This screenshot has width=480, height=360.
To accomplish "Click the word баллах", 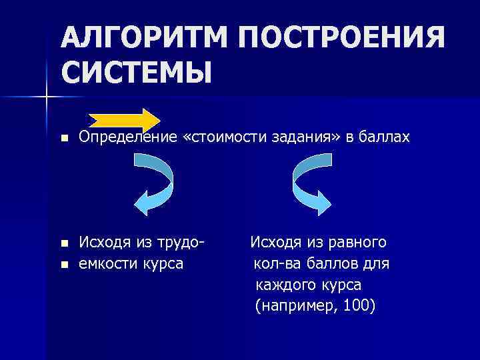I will pos(384,137).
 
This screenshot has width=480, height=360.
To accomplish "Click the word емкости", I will pos(107,263).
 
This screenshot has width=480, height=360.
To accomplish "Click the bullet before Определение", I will pos(63,139).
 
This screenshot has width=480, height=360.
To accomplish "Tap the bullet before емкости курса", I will pos(63,265).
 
